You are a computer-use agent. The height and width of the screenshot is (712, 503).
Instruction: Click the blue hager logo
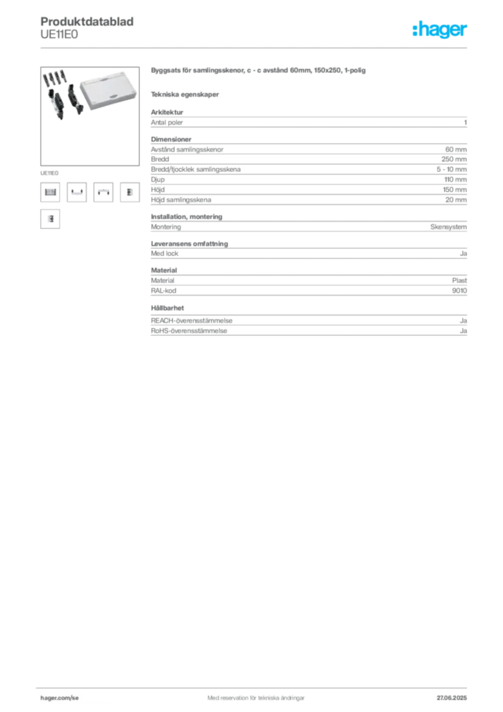440,31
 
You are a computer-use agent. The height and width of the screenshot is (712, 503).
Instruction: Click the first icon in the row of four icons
49,193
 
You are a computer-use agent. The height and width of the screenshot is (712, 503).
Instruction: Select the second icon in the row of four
76,193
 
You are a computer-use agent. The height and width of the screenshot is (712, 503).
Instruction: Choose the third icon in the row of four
103,193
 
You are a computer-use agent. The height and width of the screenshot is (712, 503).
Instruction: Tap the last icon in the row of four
129,193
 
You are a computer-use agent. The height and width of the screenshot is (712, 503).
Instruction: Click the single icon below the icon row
49,218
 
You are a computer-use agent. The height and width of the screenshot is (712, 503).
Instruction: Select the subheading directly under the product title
186,94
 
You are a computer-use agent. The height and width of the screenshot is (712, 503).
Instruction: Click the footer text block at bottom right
452,696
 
